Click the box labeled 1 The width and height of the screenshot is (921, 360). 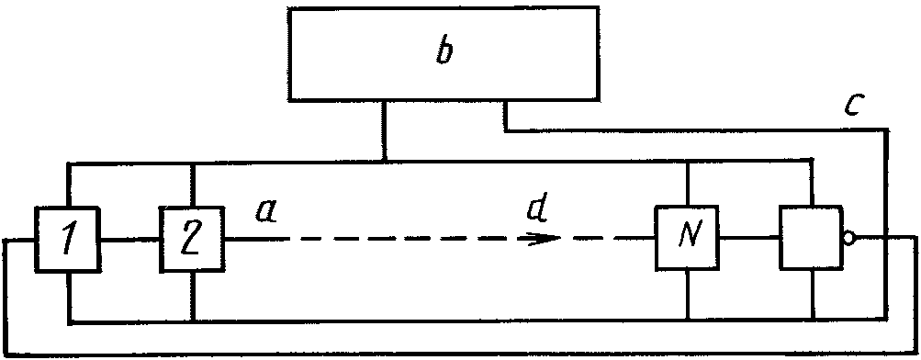click(68, 239)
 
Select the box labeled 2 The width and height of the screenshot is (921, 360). click(193, 239)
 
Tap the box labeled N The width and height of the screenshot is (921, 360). click(687, 238)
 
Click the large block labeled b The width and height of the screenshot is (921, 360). click(444, 53)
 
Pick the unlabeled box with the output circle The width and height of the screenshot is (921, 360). click(811, 238)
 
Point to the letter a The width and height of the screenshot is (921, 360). click(266, 212)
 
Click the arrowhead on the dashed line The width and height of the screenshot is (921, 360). click(544, 239)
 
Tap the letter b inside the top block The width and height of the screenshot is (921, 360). click(446, 51)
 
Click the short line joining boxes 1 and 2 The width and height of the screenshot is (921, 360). click(130, 240)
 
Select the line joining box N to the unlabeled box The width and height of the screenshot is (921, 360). click(749, 238)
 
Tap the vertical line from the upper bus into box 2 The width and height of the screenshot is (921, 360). click(193, 184)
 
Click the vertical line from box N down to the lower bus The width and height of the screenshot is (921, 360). click(687, 296)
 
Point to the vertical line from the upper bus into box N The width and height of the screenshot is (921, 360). click(687, 184)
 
